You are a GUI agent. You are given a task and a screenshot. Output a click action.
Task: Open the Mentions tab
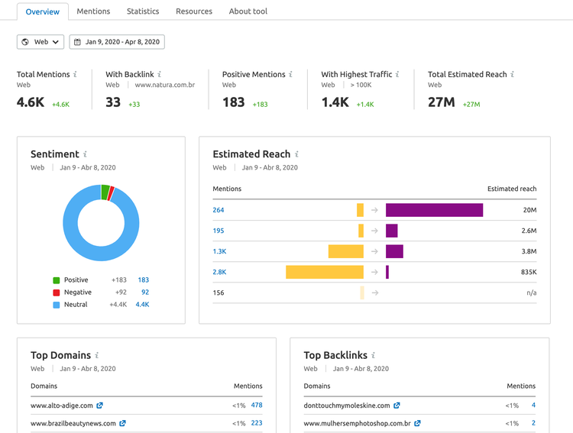click(x=93, y=11)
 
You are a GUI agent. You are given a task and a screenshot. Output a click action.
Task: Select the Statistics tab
click(x=143, y=11)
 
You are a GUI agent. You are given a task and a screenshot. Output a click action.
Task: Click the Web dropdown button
click(x=40, y=42)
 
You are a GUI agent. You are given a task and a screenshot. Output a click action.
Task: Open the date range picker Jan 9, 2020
click(x=117, y=42)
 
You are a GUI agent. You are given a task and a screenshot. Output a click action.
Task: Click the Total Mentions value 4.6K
click(x=31, y=102)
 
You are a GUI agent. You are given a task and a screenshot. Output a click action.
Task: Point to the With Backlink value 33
click(x=113, y=102)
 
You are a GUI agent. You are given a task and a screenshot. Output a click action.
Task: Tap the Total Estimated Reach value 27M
click(x=442, y=102)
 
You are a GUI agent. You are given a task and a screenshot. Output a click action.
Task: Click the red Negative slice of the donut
click(x=111, y=193)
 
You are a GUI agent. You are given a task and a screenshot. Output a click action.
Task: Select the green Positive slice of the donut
click(x=105, y=192)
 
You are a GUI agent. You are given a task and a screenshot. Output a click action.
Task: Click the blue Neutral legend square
click(x=57, y=305)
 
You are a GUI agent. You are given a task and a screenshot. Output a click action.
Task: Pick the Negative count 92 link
click(x=145, y=292)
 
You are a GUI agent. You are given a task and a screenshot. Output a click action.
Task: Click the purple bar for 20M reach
click(x=434, y=210)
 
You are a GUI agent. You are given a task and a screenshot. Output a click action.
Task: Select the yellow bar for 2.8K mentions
click(x=325, y=272)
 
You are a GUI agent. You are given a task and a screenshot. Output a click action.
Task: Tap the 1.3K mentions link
click(x=219, y=251)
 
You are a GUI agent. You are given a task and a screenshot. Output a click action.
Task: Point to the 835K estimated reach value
click(x=529, y=272)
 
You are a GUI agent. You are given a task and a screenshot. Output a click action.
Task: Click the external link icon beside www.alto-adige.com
click(x=100, y=406)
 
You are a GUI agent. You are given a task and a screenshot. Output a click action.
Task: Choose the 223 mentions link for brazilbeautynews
click(x=257, y=423)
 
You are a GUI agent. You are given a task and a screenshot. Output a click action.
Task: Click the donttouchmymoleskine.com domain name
click(x=347, y=406)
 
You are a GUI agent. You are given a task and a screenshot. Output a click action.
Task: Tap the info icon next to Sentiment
click(x=85, y=154)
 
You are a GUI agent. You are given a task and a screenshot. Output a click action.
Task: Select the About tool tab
click(x=248, y=11)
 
